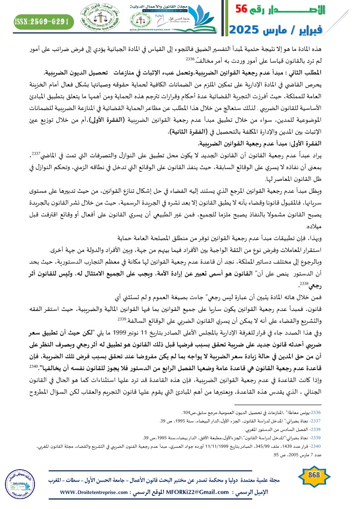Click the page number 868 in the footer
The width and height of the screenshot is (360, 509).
tap(313, 475)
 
